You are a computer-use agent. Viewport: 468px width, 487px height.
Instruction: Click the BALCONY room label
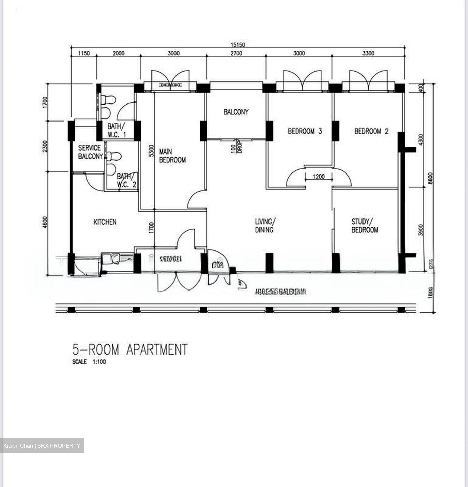236,112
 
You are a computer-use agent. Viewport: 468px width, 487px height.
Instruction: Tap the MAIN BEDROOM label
172,156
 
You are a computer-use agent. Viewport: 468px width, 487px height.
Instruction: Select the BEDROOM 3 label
305,131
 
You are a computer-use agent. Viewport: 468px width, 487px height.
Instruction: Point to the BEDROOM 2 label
371,131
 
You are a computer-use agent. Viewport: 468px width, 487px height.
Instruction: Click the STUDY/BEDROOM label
365,226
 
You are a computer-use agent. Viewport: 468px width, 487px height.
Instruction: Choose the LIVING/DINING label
265,226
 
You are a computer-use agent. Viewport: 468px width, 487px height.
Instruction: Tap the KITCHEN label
105,222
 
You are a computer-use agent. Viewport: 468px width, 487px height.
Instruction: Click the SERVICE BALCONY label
90,152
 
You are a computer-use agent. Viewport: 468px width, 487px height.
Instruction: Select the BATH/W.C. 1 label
117,131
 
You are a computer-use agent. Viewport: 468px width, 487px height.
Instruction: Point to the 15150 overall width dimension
238,45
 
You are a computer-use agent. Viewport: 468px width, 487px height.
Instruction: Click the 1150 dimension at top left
84,53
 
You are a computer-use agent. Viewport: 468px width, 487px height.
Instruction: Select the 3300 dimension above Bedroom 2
368,53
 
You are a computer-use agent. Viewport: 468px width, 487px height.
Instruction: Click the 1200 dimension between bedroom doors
319,177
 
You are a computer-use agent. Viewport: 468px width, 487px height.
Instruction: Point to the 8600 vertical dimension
430,178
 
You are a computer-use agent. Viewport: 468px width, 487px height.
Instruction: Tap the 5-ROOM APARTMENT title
130,350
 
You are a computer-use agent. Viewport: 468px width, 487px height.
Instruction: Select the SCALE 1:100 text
89,362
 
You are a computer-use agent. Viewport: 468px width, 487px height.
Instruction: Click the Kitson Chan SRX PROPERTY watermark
42,446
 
